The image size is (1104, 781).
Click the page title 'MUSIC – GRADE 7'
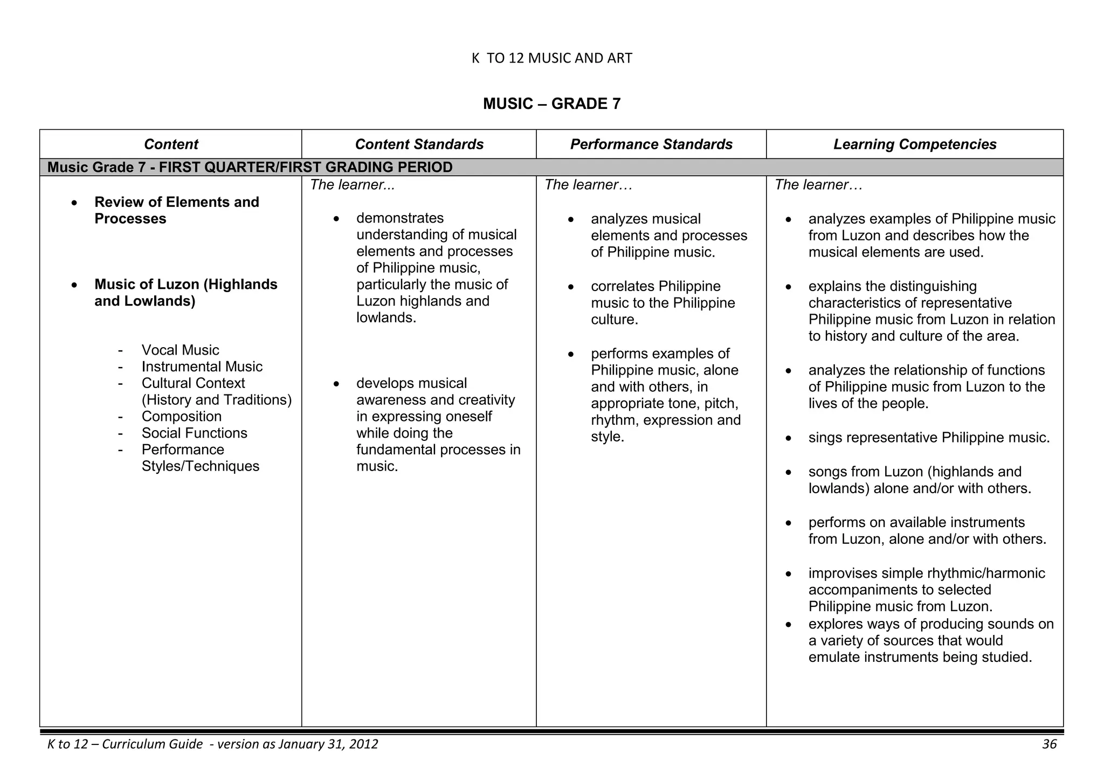pos(551,103)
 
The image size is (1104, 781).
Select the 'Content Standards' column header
pos(419,144)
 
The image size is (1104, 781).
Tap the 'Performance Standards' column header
pos(651,144)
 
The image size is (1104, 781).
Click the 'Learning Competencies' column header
pos(915,144)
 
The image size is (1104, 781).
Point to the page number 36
pos(1049,744)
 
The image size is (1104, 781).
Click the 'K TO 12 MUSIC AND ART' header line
pos(551,58)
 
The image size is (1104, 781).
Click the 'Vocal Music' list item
pos(180,350)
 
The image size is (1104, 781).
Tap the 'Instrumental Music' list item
pos(202,367)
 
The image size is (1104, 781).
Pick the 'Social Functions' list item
pos(194,433)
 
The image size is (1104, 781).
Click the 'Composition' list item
pos(181,417)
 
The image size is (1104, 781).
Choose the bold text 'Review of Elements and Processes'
pos(176,210)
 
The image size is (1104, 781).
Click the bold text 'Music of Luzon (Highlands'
pos(185,285)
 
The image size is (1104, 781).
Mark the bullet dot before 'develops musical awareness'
pos(336,384)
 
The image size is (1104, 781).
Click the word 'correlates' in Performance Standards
pos(623,286)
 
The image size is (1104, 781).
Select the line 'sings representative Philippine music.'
pos(929,438)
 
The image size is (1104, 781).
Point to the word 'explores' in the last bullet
pos(836,624)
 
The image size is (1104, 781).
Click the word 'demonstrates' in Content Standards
pos(399,218)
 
